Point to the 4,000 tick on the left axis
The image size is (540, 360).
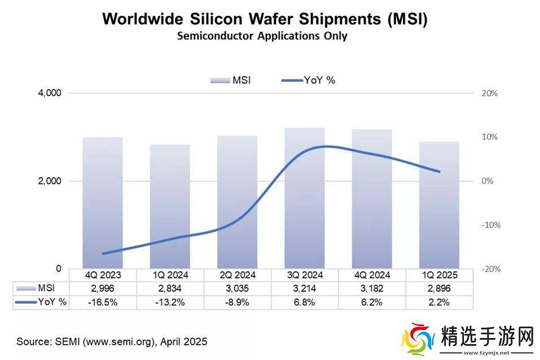tap(49, 93)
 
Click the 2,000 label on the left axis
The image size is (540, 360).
tap(49, 181)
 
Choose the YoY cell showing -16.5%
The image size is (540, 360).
tap(103, 302)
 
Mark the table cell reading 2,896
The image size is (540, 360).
tap(438, 289)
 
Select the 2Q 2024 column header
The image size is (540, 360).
tap(237, 275)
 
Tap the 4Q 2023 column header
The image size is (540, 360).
tap(103, 275)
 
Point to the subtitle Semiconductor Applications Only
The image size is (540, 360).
tap(262, 36)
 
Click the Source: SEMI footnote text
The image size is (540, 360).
tap(112, 341)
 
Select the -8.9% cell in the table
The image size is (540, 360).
tap(237, 302)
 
